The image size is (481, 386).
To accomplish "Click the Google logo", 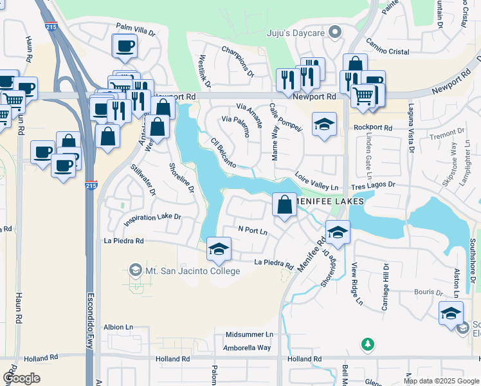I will [x=21, y=378].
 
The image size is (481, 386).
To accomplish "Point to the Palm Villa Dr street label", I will [x=136, y=27].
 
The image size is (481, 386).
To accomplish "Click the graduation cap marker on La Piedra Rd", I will [x=219, y=249].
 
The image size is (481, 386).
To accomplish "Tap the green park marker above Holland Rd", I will [x=367, y=345].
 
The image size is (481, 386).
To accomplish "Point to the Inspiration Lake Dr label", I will [x=153, y=217].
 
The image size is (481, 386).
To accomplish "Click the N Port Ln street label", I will [x=252, y=230].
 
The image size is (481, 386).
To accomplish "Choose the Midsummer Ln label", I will [x=250, y=335].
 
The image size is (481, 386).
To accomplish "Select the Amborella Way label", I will [x=247, y=347].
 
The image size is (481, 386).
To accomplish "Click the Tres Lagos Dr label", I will [x=373, y=187].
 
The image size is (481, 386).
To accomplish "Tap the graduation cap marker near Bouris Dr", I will [x=451, y=313].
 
